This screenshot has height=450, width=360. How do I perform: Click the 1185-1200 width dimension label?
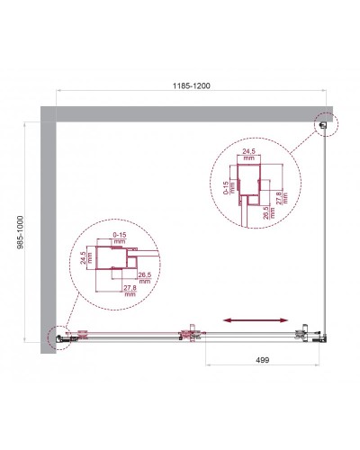coord(191,85)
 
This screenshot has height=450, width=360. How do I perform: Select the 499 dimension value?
coord(263,358)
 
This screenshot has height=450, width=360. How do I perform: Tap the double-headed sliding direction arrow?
coord(256,319)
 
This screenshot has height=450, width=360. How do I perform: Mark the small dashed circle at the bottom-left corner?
coord(56,337)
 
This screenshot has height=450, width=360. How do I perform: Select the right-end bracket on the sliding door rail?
coord(303,336)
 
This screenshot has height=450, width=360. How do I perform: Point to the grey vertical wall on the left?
coord(48,225)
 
